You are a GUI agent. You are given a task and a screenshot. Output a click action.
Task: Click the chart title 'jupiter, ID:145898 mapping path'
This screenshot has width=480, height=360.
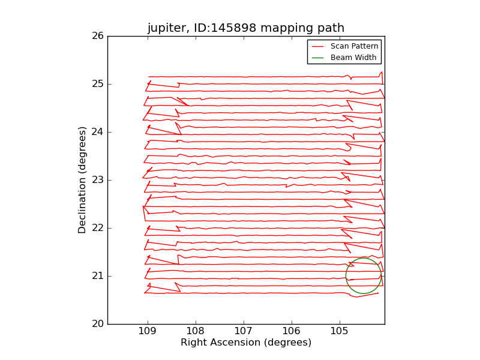pos(246,28)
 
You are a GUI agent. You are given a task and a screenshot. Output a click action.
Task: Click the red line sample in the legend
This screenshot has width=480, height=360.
pos(317,46)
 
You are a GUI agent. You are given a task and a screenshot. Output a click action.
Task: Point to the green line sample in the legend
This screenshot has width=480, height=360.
pos(317,58)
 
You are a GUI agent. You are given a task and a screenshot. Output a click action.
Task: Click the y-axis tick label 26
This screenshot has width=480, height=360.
pos(97,36)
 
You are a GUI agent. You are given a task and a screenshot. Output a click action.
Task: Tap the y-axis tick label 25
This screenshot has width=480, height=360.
pos(97,84)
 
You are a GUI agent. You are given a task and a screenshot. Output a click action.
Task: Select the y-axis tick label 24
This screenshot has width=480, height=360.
pos(97,132)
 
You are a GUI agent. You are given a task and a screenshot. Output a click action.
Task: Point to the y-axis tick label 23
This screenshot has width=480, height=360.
pos(97,180)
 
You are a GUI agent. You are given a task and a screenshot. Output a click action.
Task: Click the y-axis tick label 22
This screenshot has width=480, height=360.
pos(97,228)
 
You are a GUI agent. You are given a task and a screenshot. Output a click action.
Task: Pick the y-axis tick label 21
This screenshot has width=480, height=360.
pos(97,276)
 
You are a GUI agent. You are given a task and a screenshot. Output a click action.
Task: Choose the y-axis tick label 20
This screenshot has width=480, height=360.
pos(97,324)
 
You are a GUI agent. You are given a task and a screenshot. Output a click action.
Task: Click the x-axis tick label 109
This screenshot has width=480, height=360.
pos(148,332)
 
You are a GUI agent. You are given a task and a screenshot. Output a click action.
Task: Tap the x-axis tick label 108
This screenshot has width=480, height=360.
pos(196,332)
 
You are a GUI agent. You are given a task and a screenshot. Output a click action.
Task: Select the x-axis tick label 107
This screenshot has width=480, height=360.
pos(244,332)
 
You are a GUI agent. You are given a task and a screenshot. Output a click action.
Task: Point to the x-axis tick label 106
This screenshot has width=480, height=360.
pos(292,332)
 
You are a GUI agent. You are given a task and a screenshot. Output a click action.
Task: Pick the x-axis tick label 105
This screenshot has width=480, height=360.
pos(340,332)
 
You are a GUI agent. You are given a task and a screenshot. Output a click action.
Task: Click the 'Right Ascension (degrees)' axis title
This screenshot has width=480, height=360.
pos(246,343)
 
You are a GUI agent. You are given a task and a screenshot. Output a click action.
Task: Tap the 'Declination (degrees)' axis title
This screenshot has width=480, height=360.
pos(82,180)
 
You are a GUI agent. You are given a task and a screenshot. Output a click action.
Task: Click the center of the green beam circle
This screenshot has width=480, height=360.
pos(364,276)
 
